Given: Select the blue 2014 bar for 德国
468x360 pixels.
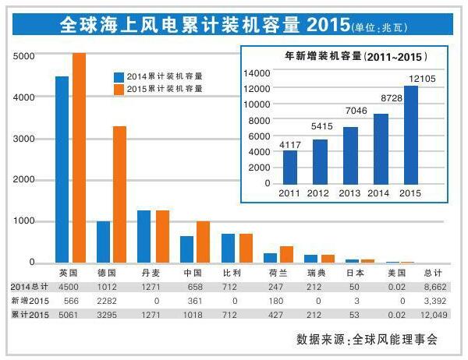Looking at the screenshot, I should click(103, 242).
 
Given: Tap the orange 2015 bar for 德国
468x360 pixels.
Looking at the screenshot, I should click(119, 194).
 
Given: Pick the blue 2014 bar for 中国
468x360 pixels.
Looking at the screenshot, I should click(187, 249).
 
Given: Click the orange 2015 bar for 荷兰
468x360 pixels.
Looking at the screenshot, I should click(286, 254).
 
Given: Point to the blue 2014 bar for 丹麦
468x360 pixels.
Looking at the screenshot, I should click(144, 236).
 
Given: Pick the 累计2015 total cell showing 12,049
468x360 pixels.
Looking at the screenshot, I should click(433, 314).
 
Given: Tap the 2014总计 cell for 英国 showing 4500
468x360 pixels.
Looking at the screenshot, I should click(69, 287).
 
